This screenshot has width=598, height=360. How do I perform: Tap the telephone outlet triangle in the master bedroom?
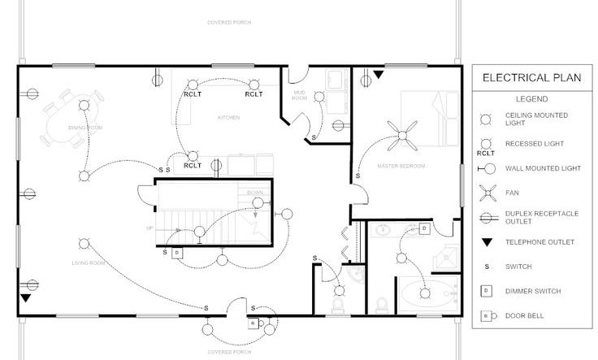tap(378, 76)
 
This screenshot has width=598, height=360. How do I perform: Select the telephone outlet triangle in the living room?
tap(26, 298)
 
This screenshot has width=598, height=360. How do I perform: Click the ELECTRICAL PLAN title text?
tap(531, 79)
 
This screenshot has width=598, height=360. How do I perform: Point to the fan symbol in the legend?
tap(485, 193)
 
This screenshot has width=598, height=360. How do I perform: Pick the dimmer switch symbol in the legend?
tap(485, 291)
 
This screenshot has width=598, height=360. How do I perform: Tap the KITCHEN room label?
tap(228, 118)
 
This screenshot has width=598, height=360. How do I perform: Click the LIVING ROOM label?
tap(89, 263)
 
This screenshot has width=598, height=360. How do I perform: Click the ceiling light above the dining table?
tap(83, 104)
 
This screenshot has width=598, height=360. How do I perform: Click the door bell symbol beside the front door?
tap(253, 323)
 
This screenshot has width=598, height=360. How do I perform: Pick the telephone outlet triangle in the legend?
tap(485, 242)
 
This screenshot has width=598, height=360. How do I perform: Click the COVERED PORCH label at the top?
tap(228, 22)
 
